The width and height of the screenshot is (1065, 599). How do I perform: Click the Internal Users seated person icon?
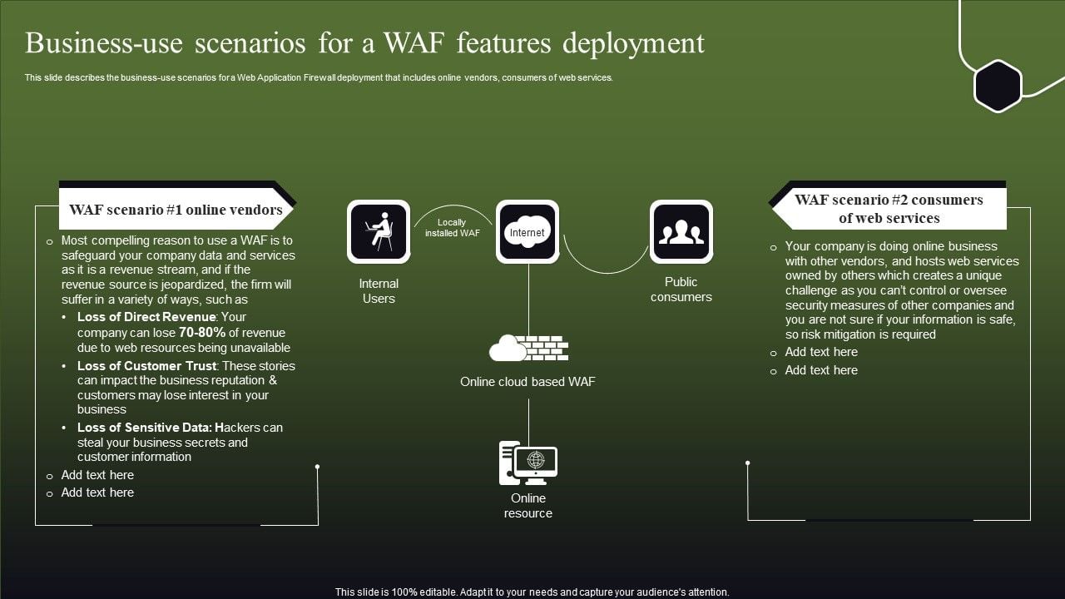(379, 231)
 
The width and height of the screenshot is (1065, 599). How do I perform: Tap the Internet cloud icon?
(528, 231)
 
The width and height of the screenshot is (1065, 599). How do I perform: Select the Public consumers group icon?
(681, 231)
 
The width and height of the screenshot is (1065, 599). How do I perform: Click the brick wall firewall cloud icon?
(528, 347)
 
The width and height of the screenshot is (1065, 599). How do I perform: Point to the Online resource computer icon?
(528, 463)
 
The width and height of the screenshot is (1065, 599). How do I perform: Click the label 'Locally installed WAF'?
(452, 228)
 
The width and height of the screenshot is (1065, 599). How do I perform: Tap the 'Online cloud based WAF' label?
(528, 382)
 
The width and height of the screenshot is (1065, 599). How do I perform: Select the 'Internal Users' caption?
(379, 291)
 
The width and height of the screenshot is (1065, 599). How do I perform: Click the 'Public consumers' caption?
(681, 290)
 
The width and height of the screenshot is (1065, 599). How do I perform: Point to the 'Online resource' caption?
(528, 506)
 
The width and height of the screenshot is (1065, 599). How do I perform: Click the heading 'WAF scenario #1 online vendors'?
(176, 210)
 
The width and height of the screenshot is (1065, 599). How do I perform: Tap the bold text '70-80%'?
(202, 332)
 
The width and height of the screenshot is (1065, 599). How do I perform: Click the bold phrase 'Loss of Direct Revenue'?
(146, 317)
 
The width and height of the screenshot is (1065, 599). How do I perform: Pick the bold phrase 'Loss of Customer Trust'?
(147, 366)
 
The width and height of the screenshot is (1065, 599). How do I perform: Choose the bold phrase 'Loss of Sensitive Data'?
(144, 428)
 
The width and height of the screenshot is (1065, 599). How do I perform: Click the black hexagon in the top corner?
(998, 86)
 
